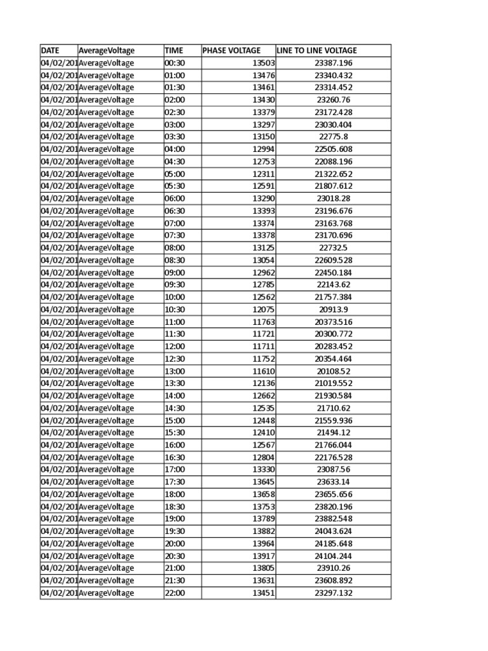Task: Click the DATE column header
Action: (50, 50)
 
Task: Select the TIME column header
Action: (173, 50)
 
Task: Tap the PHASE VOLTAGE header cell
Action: (231, 50)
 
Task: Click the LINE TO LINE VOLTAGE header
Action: (317, 50)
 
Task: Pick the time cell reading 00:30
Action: (173, 63)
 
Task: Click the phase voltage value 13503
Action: (264, 63)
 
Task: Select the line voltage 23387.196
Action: (333, 63)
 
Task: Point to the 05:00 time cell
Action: (173, 174)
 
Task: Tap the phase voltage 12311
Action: (264, 174)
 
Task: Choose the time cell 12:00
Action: (173, 346)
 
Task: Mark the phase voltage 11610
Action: (264, 371)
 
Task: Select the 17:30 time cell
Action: (173, 482)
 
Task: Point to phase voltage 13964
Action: (264, 544)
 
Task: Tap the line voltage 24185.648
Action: (333, 544)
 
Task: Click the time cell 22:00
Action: (173, 593)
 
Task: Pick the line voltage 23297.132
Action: (333, 593)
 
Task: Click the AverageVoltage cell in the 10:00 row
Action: (107, 297)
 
